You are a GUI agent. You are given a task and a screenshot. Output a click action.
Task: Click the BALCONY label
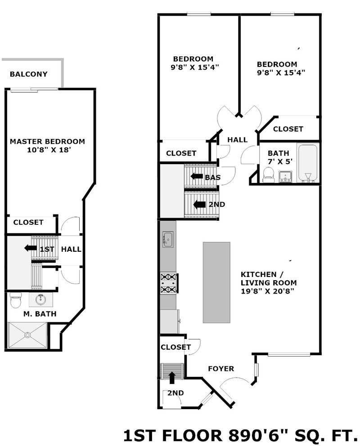click(x=28, y=74)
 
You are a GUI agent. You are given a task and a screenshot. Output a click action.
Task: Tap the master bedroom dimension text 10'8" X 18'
click(x=49, y=150)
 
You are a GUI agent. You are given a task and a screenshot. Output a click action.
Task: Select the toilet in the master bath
click(x=16, y=300)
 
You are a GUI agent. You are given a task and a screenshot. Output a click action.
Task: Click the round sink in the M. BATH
click(x=40, y=299)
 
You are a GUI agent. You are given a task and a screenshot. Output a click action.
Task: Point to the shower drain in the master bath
click(x=27, y=335)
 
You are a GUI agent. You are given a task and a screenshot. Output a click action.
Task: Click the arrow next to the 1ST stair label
click(x=30, y=248)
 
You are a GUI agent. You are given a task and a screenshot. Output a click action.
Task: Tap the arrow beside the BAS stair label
click(x=197, y=176)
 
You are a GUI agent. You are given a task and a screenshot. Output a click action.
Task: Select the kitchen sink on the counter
click(x=168, y=240)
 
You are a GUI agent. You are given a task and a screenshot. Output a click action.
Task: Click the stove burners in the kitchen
click(x=168, y=283)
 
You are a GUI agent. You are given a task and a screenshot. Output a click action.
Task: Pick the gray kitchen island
click(x=216, y=282)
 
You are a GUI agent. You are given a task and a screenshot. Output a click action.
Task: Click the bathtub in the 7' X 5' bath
click(x=308, y=163)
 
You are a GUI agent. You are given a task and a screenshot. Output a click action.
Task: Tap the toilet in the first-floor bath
click(x=268, y=174)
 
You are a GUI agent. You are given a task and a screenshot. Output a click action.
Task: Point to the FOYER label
click(x=221, y=369)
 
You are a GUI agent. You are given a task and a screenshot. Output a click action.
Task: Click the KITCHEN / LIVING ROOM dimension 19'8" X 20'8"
click(x=267, y=291)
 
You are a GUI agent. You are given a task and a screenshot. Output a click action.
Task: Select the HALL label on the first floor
click(x=237, y=140)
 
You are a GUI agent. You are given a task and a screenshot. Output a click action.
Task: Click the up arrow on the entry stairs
click(x=171, y=378)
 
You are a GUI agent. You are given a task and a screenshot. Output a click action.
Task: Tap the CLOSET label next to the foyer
click(x=175, y=347)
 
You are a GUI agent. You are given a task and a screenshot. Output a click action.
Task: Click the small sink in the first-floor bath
click(x=285, y=176)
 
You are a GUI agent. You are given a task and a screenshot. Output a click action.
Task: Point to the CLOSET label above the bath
click(x=288, y=129)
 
